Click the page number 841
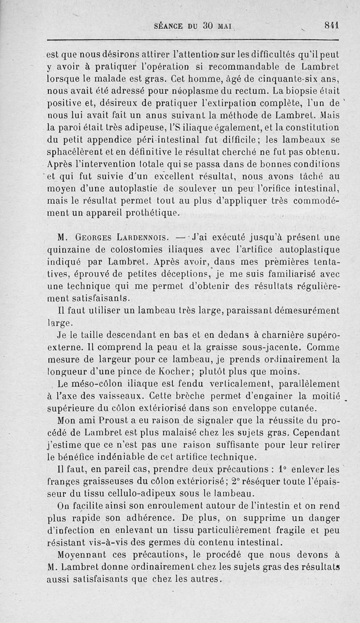[331, 25]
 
